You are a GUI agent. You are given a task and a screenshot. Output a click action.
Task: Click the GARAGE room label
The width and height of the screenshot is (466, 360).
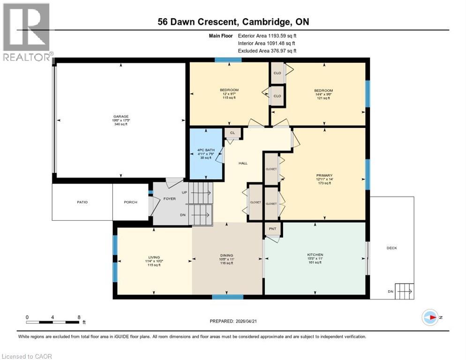(120, 116)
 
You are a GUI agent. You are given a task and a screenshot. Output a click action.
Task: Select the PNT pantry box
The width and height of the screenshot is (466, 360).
(273, 229)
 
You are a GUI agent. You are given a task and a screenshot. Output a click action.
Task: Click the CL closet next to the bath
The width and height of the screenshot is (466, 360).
(232, 133)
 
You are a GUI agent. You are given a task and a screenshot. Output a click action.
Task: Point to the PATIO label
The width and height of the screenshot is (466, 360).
(83, 202)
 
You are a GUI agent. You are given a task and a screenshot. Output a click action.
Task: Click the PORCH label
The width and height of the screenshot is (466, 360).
(130, 202)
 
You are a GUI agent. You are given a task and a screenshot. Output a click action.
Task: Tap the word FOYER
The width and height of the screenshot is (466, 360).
(169, 198)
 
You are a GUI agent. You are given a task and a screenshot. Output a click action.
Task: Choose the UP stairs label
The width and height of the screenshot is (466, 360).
(185, 193)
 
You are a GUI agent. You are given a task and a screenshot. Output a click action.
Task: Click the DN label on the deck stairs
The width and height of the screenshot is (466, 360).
(390, 291)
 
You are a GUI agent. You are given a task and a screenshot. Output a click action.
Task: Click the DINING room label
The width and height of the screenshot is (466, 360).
(226, 257)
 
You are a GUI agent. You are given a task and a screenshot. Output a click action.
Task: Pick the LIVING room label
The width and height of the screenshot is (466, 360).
(154, 257)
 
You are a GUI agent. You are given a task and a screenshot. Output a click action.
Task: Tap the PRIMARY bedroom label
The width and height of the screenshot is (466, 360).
(323, 175)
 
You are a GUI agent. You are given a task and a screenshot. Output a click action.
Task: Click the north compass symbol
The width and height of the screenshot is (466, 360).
(430, 317)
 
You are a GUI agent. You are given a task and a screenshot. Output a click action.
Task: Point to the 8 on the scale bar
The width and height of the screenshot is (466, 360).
(78, 317)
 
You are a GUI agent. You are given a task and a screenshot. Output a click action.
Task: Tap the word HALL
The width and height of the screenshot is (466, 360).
(243, 163)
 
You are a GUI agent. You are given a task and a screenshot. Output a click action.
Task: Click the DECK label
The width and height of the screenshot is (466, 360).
(392, 248)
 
